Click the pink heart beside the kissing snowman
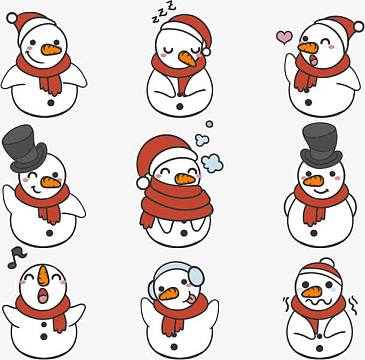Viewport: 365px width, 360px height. coord(284,37)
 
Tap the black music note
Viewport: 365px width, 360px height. coord(16,258)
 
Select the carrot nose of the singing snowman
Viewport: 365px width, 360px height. coord(43,275)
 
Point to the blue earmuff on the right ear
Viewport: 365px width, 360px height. coord(196,276)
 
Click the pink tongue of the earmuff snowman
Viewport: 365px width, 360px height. coord(191,300)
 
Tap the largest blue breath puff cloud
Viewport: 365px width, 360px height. coord(212,163)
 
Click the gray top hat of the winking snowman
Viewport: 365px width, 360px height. coord(23,148)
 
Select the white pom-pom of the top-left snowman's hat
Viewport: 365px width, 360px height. coord(12,18)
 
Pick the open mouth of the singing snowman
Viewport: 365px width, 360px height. coord(42,296)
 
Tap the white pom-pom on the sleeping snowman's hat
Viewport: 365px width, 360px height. coord(206,52)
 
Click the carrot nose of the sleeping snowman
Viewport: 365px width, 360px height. coord(187,58)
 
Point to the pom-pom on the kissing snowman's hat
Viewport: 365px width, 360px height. coord(359,27)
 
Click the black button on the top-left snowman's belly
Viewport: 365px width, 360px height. coord(51,103)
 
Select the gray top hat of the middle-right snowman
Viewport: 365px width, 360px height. coord(321,144)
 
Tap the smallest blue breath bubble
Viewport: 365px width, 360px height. coord(209,124)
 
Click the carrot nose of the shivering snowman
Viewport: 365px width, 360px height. coord(312,292)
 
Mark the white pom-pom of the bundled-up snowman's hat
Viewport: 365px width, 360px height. coord(143,183)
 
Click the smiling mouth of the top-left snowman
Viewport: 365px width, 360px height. coord(36,59)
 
